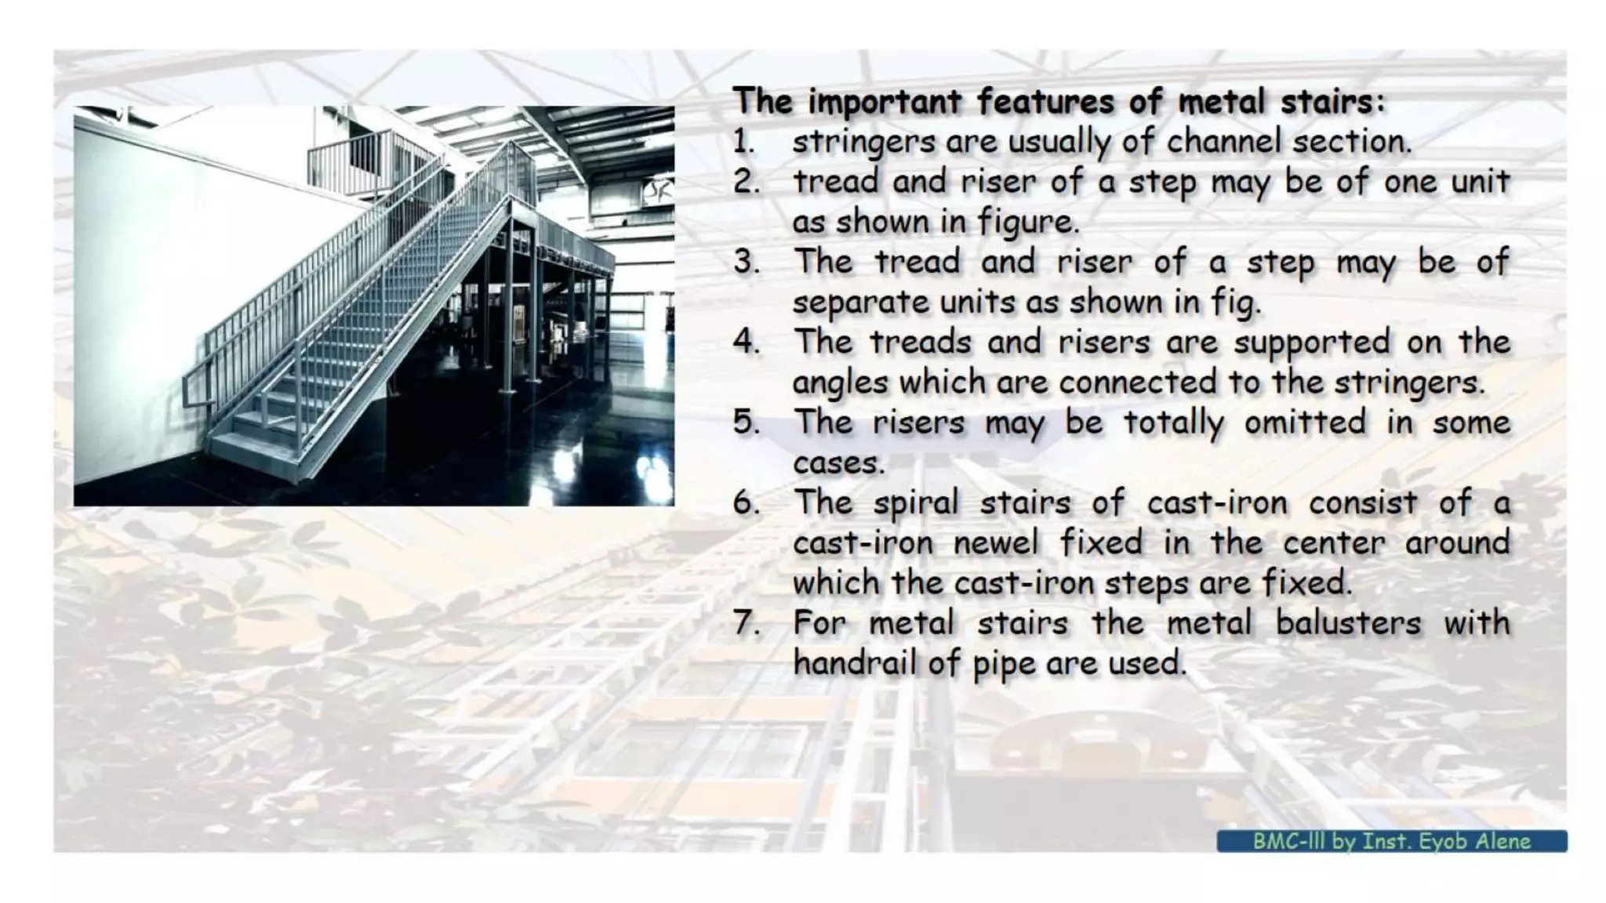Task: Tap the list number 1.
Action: point(743,143)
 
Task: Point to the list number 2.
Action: point(746,183)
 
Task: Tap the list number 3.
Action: point(746,263)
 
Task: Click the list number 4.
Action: point(746,343)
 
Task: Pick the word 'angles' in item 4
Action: point(841,383)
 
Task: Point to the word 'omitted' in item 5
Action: point(1305,423)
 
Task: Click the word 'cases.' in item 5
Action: point(838,463)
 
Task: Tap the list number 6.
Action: point(746,503)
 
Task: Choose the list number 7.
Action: point(746,624)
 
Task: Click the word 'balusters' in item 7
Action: point(1348,624)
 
